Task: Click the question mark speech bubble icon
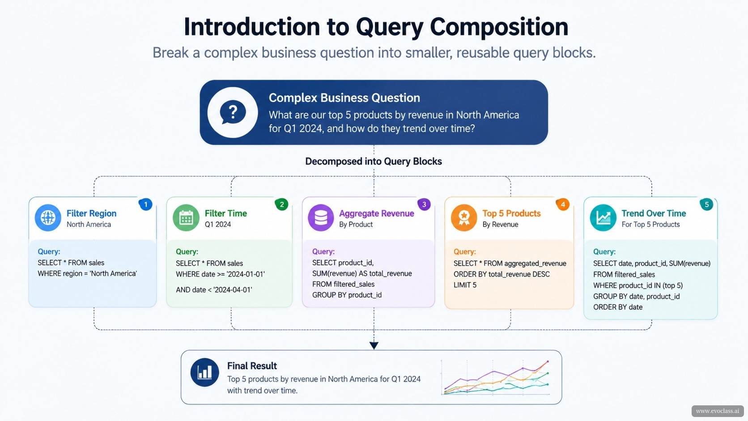[x=233, y=112]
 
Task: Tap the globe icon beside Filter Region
[x=48, y=218]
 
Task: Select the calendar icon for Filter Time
[x=186, y=218]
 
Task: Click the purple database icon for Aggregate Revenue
[x=321, y=218]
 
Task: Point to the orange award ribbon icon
[x=464, y=218]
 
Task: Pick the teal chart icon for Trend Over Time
[x=603, y=218]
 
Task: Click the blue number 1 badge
[x=145, y=204]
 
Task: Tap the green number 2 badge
[x=281, y=204]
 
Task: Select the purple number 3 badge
[x=424, y=204]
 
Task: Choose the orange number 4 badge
[x=563, y=204]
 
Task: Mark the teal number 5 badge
[x=706, y=204]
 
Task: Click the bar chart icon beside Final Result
[x=205, y=372]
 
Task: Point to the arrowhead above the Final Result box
[x=374, y=345]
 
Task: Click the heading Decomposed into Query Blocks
[x=374, y=162]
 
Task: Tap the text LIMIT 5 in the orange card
[x=465, y=285]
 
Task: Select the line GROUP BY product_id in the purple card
[x=347, y=295]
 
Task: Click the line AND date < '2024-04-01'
[x=214, y=290]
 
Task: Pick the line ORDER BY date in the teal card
[x=618, y=307]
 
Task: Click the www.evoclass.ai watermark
[x=718, y=411]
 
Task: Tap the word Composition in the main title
[x=499, y=27]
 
